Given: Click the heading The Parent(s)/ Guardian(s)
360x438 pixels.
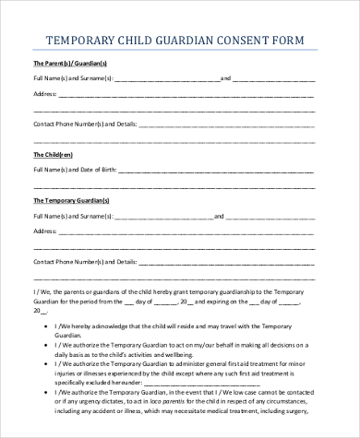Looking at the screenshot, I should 70,63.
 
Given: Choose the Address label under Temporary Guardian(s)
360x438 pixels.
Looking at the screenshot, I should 48,231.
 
